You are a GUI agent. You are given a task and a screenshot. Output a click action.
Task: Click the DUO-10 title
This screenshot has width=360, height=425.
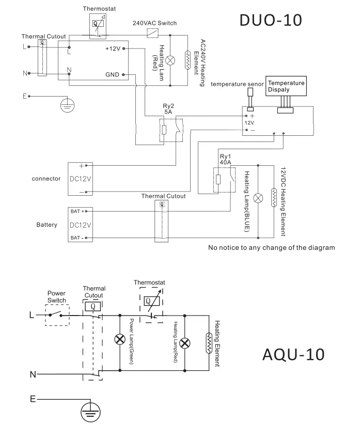click(x=271, y=20)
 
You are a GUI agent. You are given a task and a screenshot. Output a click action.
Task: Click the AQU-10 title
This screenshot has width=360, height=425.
click(x=293, y=354)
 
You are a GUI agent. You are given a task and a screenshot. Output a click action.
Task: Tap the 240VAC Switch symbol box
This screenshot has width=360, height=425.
click(x=152, y=33)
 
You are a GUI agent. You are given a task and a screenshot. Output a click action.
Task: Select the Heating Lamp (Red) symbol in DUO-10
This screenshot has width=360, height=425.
click(x=170, y=60)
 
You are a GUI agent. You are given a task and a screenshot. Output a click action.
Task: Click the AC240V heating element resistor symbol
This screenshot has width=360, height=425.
click(x=187, y=60)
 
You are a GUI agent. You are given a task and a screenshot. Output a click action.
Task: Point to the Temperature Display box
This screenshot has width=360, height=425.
click(x=286, y=86)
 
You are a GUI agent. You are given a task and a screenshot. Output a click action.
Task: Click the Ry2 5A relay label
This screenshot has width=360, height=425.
click(x=168, y=108)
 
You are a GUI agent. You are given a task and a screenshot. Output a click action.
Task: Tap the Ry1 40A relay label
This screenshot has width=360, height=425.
click(x=225, y=160)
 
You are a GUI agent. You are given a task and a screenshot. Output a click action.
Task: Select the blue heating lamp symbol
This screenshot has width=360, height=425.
click(x=258, y=198)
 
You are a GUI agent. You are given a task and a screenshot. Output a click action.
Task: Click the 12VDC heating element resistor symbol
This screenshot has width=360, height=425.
click(x=274, y=198)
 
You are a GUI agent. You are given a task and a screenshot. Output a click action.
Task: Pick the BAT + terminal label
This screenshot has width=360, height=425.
click(x=77, y=211)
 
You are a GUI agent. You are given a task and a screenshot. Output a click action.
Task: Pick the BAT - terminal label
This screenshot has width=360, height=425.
click(x=77, y=238)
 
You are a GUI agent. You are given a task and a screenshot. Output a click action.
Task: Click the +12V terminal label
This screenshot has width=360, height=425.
click(x=113, y=49)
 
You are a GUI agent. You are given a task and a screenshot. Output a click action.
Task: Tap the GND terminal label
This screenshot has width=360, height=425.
click(x=112, y=74)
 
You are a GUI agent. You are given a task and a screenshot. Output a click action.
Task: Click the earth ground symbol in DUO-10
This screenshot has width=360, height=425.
click(x=67, y=105)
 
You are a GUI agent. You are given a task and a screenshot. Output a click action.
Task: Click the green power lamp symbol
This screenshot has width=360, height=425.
click(x=120, y=339)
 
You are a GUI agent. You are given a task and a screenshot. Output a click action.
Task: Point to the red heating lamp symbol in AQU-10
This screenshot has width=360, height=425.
click(x=185, y=343)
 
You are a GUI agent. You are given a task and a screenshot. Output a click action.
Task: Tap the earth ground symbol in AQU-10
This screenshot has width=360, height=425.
click(x=90, y=412)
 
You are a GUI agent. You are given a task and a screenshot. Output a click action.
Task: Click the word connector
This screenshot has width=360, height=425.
click(x=46, y=179)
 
